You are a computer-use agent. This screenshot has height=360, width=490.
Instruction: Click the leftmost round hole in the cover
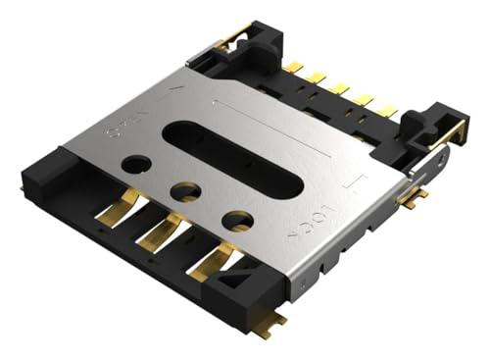138,164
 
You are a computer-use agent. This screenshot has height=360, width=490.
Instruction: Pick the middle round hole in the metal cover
185,190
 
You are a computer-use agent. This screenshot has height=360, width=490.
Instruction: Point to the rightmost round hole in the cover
236,220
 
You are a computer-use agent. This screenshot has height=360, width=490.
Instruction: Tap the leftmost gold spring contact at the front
117,212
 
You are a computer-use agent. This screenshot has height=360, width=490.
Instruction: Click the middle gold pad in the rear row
340,88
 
